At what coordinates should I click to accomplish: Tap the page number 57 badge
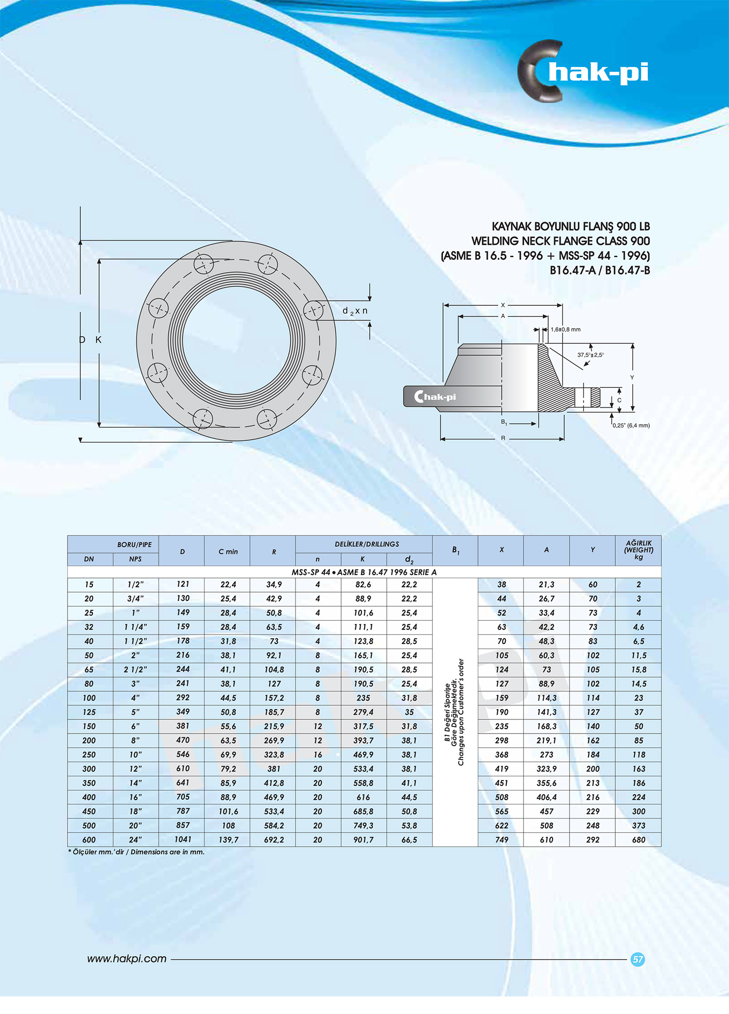(x=637, y=959)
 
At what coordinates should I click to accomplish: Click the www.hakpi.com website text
(x=127, y=959)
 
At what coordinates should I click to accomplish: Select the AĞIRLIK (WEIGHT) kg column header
(x=638, y=550)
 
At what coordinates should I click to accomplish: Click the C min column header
(x=228, y=551)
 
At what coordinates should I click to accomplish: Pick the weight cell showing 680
(x=638, y=839)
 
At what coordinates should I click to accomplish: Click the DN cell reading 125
(x=89, y=712)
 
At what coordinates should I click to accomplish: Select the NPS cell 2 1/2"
(x=135, y=669)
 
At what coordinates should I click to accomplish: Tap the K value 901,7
(x=363, y=839)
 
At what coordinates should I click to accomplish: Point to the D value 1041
(x=183, y=839)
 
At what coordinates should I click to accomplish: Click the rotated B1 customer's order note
(x=455, y=712)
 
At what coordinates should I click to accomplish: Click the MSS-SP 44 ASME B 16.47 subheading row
(x=364, y=572)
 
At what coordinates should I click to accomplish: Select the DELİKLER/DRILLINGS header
(x=366, y=544)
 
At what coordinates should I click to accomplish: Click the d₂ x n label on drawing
(x=355, y=311)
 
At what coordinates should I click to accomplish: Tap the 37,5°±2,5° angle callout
(x=590, y=355)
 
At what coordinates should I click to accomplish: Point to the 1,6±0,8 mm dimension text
(x=565, y=330)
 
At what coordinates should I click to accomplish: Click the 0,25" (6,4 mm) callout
(x=631, y=425)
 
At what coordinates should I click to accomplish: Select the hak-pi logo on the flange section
(x=435, y=397)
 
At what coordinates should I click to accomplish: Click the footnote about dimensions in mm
(x=137, y=852)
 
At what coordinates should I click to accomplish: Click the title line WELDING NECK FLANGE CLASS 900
(x=560, y=241)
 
